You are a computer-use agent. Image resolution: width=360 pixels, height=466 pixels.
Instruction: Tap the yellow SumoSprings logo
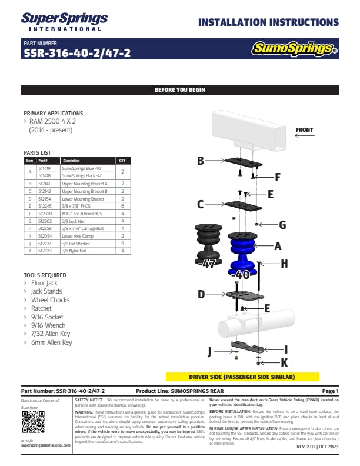coord(295,48)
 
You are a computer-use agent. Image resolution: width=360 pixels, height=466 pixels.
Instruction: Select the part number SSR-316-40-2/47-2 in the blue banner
coord(76,53)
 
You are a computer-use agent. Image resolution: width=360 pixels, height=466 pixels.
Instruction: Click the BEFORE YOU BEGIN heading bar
coord(179,90)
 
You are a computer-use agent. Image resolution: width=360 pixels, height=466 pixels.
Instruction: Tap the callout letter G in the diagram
coord(282,224)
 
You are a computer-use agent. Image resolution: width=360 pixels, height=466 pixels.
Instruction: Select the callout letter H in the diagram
coord(284,264)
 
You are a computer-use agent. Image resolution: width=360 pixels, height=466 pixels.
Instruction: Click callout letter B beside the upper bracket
coord(201,161)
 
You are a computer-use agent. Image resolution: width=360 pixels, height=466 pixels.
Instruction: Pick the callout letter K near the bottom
coord(284,362)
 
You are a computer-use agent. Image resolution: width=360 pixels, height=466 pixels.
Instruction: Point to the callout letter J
coord(209,351)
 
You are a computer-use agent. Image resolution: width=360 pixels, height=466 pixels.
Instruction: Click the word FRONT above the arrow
coord(304,129)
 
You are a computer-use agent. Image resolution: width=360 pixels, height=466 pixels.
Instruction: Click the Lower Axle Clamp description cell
coord(78,235)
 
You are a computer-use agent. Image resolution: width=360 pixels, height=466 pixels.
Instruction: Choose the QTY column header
coord(122,160)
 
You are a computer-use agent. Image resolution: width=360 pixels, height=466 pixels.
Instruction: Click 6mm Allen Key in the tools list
coord(52,342)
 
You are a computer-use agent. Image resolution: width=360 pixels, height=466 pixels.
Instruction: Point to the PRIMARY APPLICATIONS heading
coord(53,113)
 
